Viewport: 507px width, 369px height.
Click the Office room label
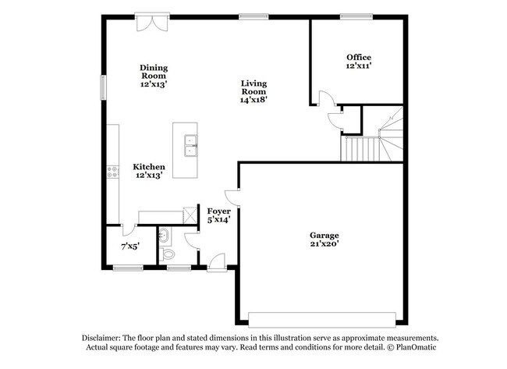tap(359, 57)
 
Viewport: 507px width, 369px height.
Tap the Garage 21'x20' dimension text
tap(324, 244)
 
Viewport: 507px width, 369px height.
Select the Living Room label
tap(253, 87)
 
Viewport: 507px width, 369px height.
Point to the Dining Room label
tap(154, 72)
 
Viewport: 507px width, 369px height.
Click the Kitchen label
tap(149, 167)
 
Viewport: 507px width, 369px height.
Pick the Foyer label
tap(219, 211)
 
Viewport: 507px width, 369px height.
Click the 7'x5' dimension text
tap(130, 247)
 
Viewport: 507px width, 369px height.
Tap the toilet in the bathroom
tap(166, 254)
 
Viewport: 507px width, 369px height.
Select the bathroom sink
tap(164, 235)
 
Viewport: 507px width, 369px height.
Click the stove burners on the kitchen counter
tap(113, 172)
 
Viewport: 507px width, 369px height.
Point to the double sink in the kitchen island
tap(191, 146)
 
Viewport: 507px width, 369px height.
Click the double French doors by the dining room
tap(152, 22)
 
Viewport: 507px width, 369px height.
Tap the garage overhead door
tap(322, 320)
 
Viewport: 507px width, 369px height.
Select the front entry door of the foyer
tap(217, 262)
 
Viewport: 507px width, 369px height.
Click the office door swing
tap(328, 98)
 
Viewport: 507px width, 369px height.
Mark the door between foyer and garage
tap(232, 197)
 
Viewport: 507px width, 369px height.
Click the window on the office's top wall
tap(356, 16)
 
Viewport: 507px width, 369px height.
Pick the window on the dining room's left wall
tap(103, 87)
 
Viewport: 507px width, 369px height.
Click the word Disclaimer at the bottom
tap(101, 338)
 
